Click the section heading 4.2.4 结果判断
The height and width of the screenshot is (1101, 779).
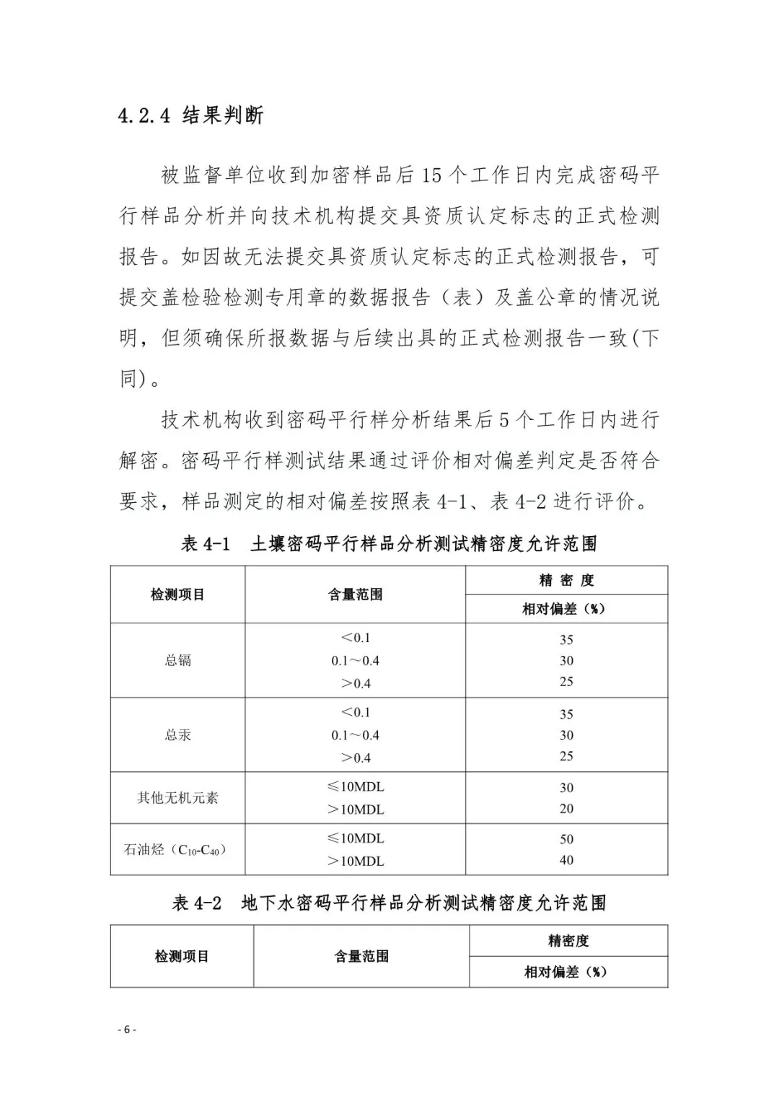(191, 115)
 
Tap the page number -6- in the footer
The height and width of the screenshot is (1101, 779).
(126, 1030)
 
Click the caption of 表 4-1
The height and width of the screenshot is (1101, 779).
(389, 543)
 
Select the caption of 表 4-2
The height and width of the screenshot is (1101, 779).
(389, 903)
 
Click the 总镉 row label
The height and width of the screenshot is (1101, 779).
(177, 660)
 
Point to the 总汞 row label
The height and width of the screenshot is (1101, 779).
(177, 735)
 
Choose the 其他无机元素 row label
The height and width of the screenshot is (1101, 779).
(177, 798)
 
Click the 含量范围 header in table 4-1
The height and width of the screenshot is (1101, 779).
(355, 595)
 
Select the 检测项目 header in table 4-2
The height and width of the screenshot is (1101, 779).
(182, 957)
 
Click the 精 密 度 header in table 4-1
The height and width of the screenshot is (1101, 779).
(566, 580)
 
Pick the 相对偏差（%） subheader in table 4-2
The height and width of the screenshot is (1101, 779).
(566, 972)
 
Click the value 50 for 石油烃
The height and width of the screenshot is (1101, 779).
(566, 839)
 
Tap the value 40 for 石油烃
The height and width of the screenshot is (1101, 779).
(566, 860)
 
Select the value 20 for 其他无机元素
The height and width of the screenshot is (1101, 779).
(566, 809)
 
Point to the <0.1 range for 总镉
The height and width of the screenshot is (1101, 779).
(355, 638)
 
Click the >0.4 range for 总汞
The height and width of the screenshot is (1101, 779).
(355, 758)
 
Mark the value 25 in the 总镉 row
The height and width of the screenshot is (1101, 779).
(566, 682)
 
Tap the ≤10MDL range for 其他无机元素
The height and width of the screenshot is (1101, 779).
(355, 786)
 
